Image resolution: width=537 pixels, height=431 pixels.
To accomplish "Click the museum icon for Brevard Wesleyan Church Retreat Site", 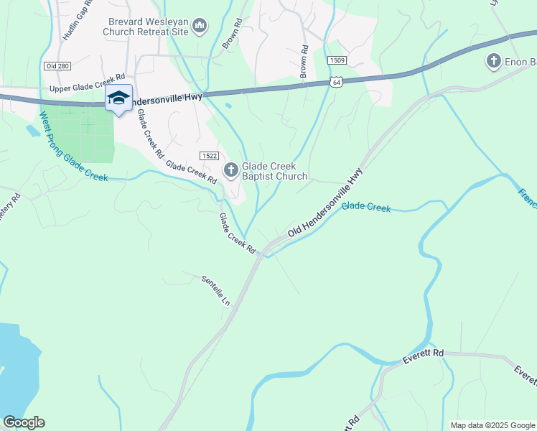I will [200, 27].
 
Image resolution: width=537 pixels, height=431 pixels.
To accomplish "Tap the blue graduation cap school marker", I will [119, 98].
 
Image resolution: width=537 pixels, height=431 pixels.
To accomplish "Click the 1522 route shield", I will [208, 156].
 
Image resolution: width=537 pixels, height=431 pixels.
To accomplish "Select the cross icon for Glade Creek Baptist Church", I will [230, 170].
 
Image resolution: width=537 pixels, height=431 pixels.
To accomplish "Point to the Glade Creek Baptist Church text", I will [275, 171].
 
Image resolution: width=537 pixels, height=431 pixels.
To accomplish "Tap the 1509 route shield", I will [336, 61].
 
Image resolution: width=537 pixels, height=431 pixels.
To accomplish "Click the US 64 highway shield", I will [336, 83].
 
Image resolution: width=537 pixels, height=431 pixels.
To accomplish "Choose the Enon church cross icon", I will [493, 62].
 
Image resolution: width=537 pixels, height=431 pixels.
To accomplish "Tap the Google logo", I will [24, 422].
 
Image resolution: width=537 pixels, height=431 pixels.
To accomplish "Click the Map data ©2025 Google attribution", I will [492, 425].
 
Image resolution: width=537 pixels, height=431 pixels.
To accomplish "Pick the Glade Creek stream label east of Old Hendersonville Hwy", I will [365, 208].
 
